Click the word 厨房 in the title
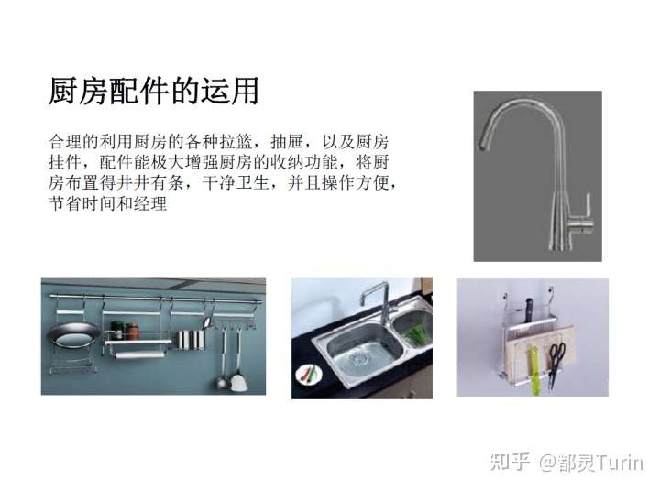(x=78, y=91)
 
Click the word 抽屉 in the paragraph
(x=287, y=142)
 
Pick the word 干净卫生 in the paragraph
(x=236, y=183)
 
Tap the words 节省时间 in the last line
(x=82, y=203)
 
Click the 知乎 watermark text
(x=510, y=462)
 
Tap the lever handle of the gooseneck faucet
(x=586, y=205)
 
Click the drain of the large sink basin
(x=359, y=359)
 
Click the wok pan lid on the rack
(x=73, y=334)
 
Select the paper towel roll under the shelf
(x=139, y=355)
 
